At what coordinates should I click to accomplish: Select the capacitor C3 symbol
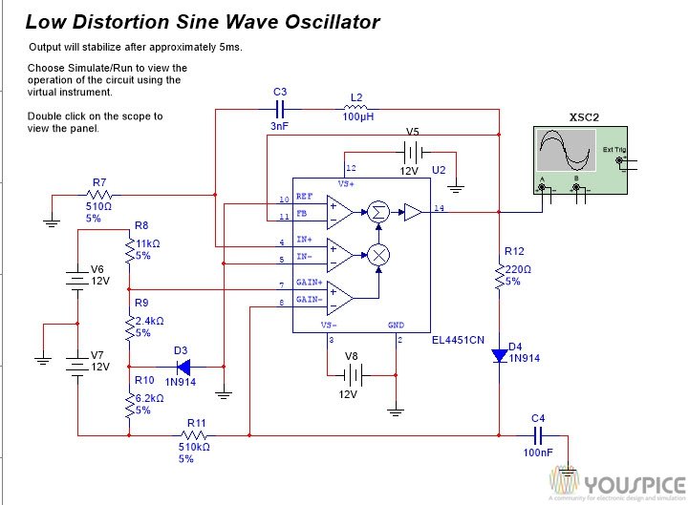(279, 110)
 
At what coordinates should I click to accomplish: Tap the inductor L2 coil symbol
(356, 110)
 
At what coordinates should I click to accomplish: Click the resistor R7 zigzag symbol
(100, 195)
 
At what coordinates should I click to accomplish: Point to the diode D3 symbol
(182, 366)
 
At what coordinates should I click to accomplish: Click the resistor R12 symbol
(499, 276)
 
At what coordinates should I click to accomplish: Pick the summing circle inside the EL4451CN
(378, 212)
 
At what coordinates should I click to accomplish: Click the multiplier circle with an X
(378, 254)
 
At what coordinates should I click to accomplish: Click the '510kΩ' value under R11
(196, 446)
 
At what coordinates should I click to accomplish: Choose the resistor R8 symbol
(130, 251)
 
